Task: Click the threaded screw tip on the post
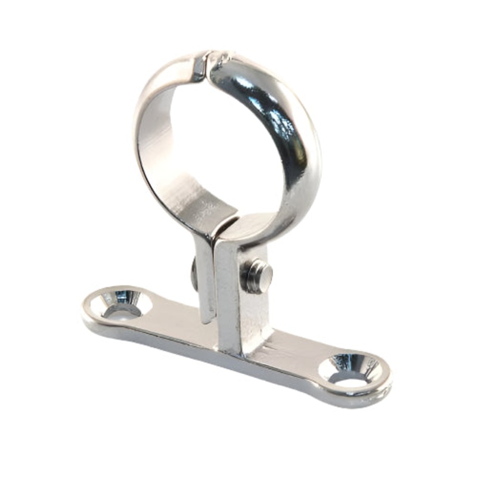click(258, 275)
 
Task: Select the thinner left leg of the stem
click(205, 280)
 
